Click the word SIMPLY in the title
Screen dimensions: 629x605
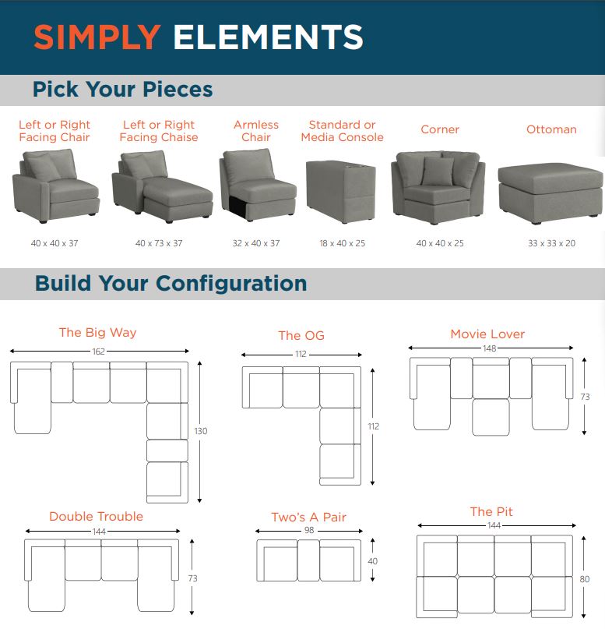tap(97, 37)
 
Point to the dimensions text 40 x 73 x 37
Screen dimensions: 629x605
tap(159, 244)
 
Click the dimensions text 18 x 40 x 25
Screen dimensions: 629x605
tap(342, 244)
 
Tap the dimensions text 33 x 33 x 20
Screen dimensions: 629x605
tap(551, 244)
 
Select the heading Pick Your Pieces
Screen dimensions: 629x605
tap(122, 90)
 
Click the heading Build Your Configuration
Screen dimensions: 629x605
tap(171, 283)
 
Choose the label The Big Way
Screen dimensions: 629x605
tap(97, 332)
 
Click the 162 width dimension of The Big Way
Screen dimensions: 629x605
tap(98, 352)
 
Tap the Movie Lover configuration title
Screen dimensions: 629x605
tap(487, 334)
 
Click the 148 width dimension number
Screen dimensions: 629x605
tap(489, 348)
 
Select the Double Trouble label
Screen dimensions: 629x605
tap(96, 516)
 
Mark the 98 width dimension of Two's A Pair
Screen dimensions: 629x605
tap(308, 531)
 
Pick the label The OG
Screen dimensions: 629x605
tap(301, 336)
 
